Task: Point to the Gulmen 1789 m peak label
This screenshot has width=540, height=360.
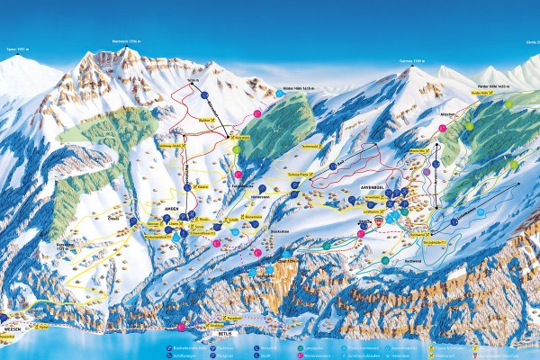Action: pyautogui.click(x=410, y=62)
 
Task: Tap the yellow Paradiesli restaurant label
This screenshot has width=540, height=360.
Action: pyautogui.click(x=209, y=319)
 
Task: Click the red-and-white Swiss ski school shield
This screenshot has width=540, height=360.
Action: pyautogui.click(x=379, y=220)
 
